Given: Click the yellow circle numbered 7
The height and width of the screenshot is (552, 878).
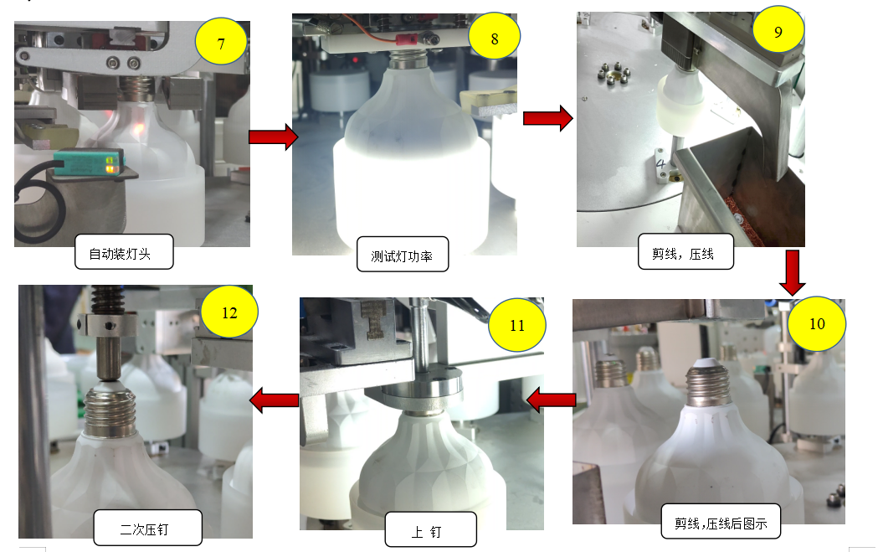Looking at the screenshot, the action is tap(221, 43).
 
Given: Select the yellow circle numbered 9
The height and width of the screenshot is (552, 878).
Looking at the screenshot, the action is tap(778, 30).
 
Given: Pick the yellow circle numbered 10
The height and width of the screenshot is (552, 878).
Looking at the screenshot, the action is tap(817, 323).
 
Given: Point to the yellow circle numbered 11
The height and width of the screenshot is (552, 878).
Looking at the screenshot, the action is tap(516, 325).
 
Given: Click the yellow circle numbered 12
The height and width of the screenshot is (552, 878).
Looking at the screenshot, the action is tap(229, 312).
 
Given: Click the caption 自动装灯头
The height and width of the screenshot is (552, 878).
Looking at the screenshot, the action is tap(124, 251).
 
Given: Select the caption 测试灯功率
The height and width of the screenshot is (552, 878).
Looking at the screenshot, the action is tap(403, 255).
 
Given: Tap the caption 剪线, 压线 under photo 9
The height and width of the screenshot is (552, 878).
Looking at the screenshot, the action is tap(685, 251).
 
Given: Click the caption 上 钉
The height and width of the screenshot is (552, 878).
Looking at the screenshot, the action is tap(430, 529).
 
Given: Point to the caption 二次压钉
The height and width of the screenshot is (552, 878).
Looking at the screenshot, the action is tap(148, 528).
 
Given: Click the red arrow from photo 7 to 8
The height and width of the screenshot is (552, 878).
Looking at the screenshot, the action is tap(273, 137).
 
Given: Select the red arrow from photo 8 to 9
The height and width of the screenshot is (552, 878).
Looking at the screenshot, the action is tap(547, 118).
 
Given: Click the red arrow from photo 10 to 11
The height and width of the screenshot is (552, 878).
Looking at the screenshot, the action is tap(551, 400).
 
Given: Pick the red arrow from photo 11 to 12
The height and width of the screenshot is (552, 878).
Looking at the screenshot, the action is tap(274, 400).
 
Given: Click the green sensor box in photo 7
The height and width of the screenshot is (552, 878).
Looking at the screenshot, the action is tap(89, 162).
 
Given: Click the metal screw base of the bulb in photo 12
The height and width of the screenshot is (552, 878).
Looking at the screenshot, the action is tap(110, 411).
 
